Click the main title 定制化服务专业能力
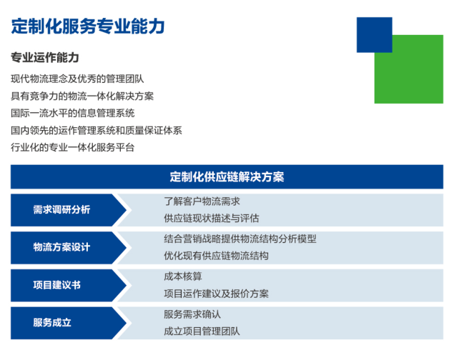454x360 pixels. [88, 26]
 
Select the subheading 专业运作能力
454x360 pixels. [45, 57]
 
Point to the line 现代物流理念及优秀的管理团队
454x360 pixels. [77, 79]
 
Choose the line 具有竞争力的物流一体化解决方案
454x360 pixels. [82, 96]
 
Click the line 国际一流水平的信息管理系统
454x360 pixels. [73, 113]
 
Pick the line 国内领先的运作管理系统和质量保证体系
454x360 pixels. [97, 131]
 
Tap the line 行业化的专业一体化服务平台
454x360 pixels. [73, 147]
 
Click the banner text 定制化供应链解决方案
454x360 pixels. [227, 177]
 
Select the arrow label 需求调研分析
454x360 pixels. [61, 209]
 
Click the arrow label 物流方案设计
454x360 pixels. [61, 247]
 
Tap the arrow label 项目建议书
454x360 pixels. [56, 285]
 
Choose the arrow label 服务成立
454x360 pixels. [52, 323]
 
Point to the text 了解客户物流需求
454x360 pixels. [202, 201]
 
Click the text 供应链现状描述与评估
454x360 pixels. [212, 219]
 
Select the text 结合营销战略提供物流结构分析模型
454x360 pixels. [240, 239]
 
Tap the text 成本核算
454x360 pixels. [183, 276]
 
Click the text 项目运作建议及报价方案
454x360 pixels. [217, 294]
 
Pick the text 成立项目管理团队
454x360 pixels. [202, 331]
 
